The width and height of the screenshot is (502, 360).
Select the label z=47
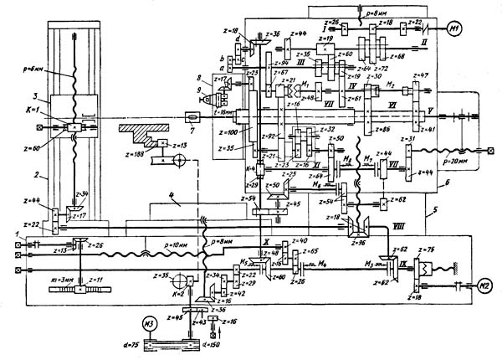pos(421,76)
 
